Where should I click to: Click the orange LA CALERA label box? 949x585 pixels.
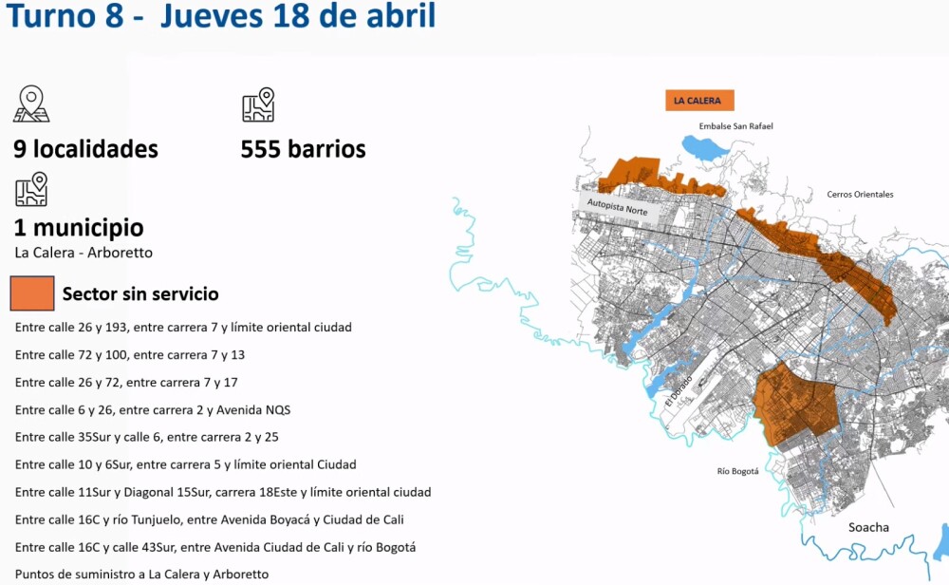(x=698, y=101)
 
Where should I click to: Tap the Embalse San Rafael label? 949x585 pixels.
(x=735, y=126)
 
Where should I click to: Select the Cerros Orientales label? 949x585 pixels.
(x=860, y=195)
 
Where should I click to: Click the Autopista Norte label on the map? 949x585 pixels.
(x=617, y=206)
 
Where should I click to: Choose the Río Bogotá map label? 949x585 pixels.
(x=737, y=471)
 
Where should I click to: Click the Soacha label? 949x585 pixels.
(x=868, y=527)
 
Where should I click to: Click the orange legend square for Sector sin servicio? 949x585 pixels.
(x=32, y=293)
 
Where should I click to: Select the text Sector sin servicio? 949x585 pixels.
(x=140, y=294)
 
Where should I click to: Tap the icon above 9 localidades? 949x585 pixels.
(x=31, y=104)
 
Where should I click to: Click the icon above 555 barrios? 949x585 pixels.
(x=257, y=104)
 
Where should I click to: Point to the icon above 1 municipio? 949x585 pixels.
(x=31, y=189)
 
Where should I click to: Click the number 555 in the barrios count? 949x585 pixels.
(x=261, y=149)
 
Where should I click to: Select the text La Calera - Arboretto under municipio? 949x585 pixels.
(x=84, y=253)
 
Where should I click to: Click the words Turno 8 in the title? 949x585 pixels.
(x=65, y=18)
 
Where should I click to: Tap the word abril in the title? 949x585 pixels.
(x=399, y=18)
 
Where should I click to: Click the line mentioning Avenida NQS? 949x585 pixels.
(x=153, y=409)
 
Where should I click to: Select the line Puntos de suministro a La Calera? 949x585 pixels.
(x=141, y=574)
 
